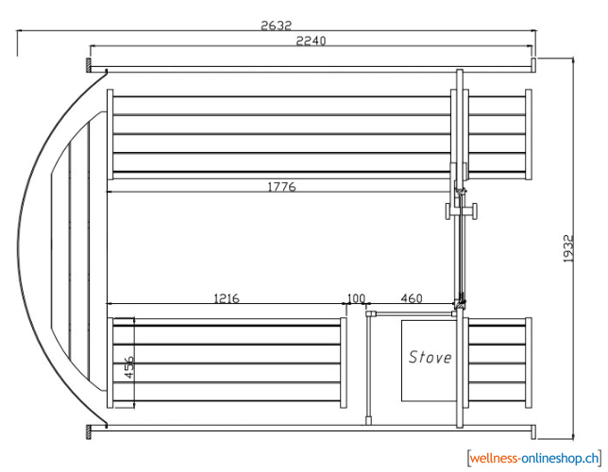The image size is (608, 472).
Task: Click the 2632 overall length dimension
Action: click(x=276, y=25)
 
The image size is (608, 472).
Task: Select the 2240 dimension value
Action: click(x=311, y=41)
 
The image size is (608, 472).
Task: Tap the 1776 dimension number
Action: click(x=282, y=187)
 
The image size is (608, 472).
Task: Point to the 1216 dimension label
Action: click(x=227, y=298)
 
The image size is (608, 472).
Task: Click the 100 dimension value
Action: click(x=356, y=298)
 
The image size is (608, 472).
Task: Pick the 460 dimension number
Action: click(x=412, y=298)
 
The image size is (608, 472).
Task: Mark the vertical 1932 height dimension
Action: click(x=568, y=248)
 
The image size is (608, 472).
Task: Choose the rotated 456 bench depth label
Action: click(x=129, y=367)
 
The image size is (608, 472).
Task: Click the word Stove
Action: click(x=430, y=357)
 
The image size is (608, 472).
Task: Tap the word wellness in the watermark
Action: click(x=494, y=459)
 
